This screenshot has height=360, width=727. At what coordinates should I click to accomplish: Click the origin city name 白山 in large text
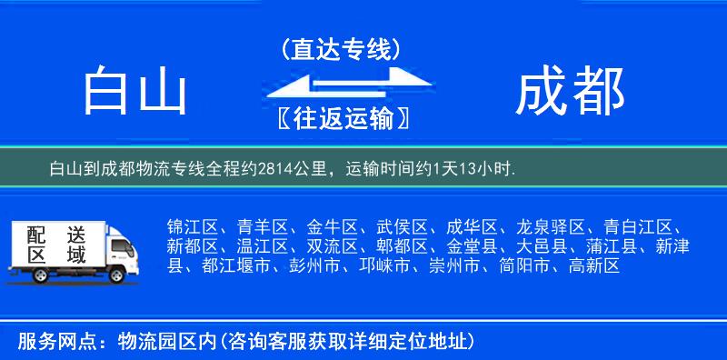(x=134, y=92)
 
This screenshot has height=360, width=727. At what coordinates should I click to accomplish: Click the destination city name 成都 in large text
(x=570, y=92)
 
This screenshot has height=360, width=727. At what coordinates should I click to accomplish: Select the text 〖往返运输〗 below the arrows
(x=341, y=119)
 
